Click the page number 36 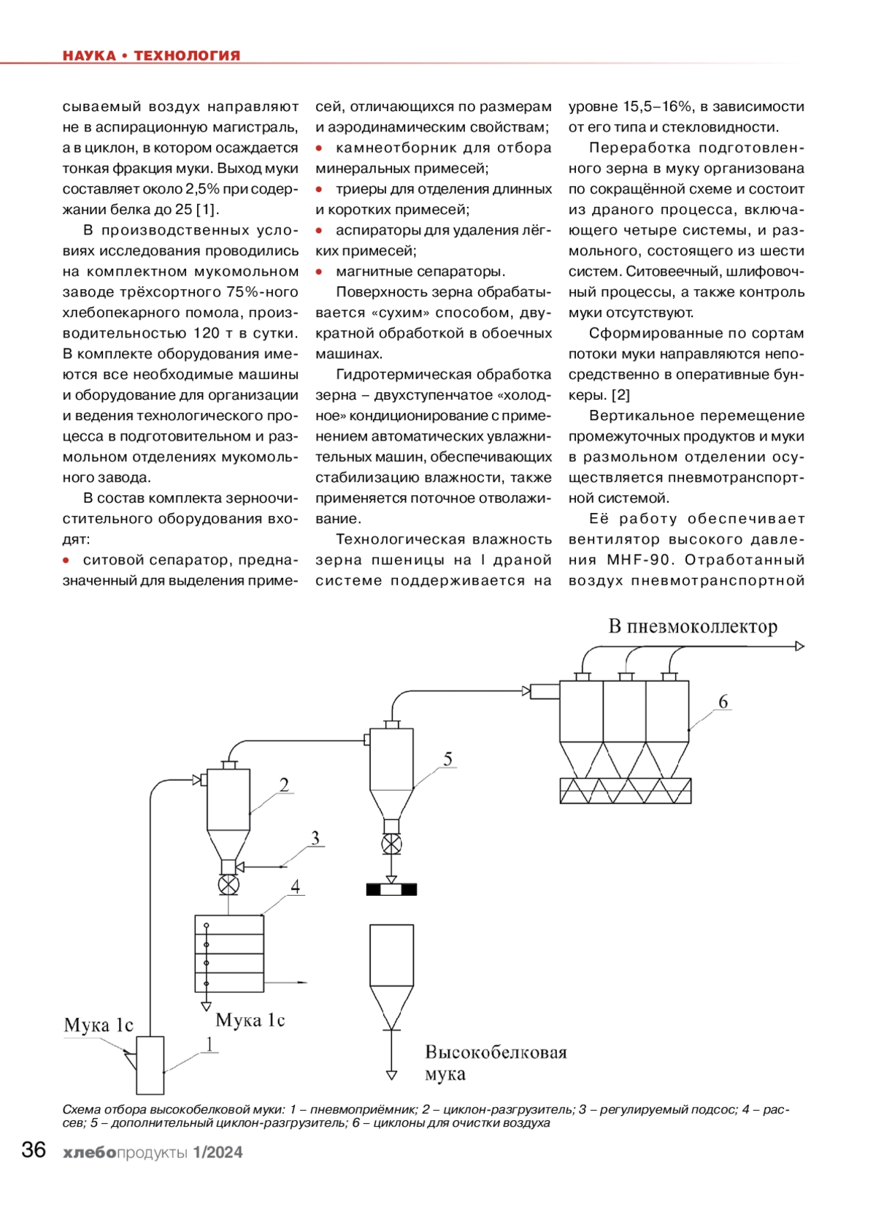[34, 1149]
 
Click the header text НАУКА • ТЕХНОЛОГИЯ [151, 56]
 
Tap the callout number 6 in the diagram [723, 701]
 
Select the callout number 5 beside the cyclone [447, 759]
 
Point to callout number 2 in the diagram [284, 784]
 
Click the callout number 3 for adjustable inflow [315, 837]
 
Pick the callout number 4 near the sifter [295, 886]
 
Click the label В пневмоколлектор [693, 626]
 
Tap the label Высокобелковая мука [495, 1062]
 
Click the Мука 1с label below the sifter [250, 1020]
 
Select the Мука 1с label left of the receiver [99, 1025]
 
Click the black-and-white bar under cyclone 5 [391, 889]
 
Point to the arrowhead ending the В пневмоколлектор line [799, 646]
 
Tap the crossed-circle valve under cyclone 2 [228, 886]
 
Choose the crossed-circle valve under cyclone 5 [391, 845]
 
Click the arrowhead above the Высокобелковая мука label [391, 1075]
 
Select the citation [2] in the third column [620, 395]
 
